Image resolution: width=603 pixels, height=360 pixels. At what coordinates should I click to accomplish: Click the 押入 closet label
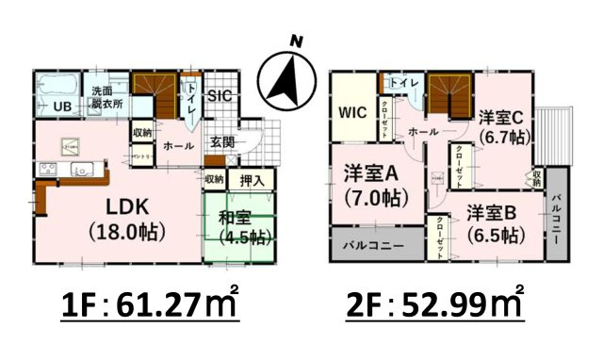pos(252,178)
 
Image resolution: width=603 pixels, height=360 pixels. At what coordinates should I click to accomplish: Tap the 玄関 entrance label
pos(223,143)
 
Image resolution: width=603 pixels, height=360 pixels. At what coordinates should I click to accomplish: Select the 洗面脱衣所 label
pos(106,98)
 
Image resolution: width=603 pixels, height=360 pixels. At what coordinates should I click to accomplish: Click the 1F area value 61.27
pos(162,304)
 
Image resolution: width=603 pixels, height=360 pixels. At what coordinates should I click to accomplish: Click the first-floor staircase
pos(155,93)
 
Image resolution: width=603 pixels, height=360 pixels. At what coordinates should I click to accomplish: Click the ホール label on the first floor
pos(178,146)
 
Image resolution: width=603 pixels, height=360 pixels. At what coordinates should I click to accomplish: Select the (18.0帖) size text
pos(127,231)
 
